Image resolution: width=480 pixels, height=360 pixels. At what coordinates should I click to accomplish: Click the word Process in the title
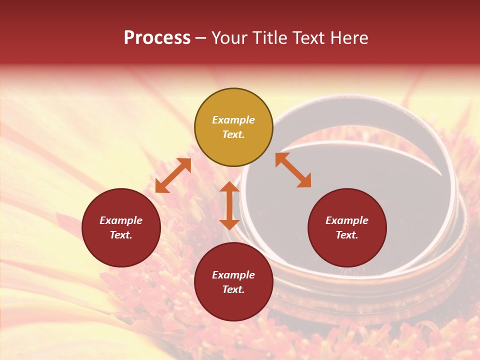point(157,38)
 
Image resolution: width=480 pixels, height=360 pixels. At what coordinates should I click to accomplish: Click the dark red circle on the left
point(121,227)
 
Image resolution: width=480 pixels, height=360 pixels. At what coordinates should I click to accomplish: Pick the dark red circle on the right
point(347,227)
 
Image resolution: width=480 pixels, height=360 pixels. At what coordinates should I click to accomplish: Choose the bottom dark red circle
point(233,281)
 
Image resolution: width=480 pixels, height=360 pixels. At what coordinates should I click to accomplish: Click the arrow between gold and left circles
point(173,175)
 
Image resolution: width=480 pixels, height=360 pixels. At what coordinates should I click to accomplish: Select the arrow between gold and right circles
point(293,170)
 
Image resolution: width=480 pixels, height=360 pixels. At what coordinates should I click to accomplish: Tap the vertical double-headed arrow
point(229,205)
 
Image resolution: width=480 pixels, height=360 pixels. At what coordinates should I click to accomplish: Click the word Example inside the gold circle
point(233,120)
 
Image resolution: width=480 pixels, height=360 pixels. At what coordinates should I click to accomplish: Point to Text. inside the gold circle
point(233,134)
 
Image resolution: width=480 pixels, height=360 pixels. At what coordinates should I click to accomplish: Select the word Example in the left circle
point(121,220)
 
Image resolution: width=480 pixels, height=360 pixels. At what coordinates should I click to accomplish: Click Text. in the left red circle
point(121,235)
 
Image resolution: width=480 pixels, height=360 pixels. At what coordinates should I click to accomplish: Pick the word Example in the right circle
point(347,220)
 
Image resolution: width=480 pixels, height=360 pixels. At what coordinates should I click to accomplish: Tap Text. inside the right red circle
point(347,235)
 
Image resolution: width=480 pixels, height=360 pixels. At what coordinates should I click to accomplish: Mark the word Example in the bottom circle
point(233,275)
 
